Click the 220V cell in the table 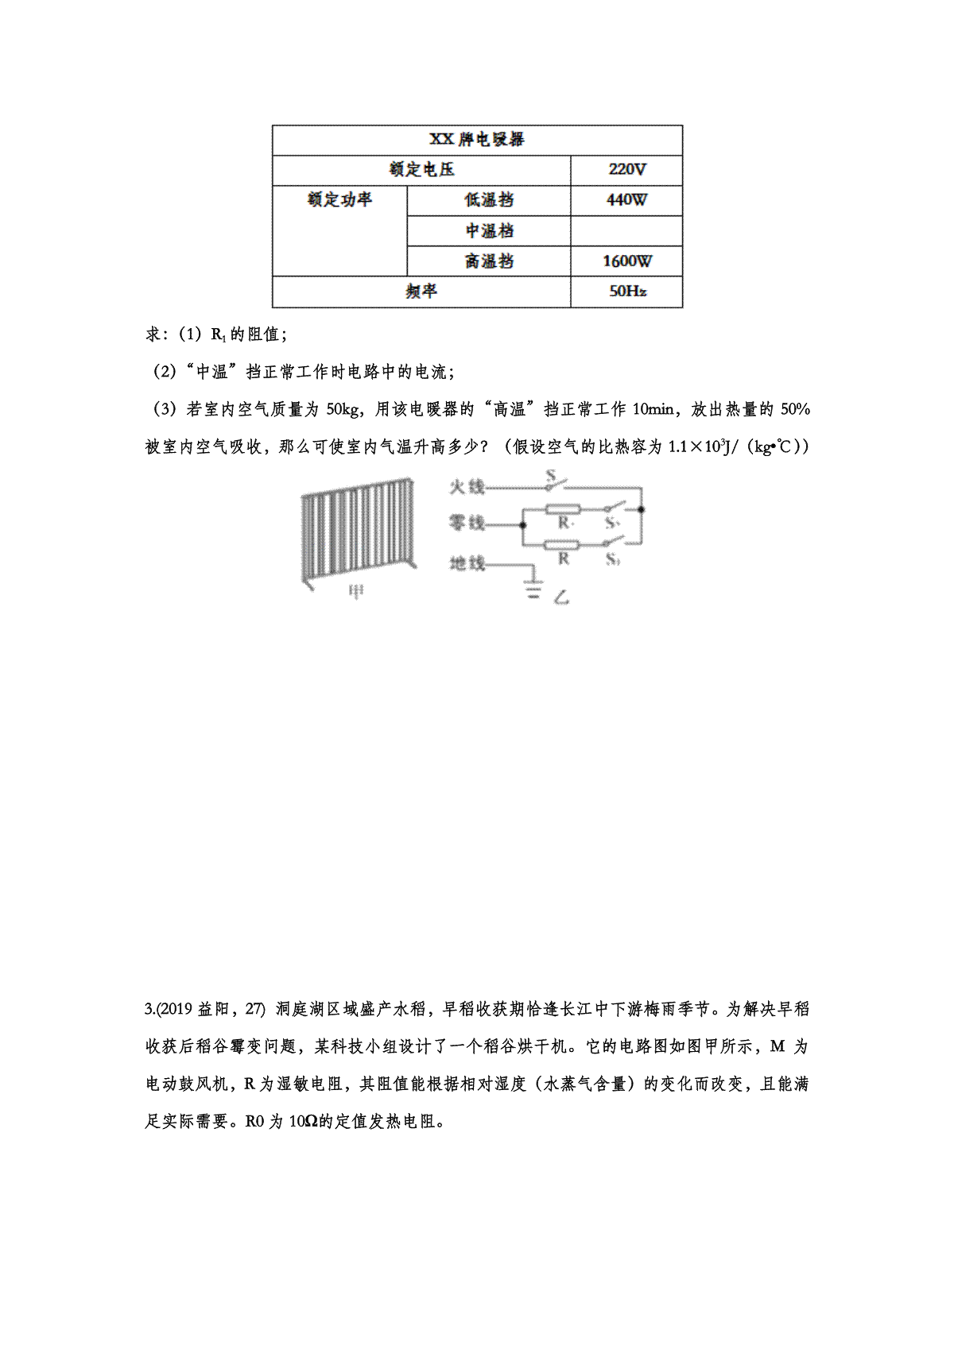coord(626,169)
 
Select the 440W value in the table coord(626,199)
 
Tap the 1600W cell coord(626,261)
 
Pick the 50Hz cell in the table coord(626,291)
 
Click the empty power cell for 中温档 coord(626,230)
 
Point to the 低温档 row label coord(488,199)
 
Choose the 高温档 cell coord(488,261)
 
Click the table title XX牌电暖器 coord(477,139)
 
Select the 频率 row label coord(421,291)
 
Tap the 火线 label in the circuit coord(467,486)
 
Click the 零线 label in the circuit coord(467,523)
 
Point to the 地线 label coord(467,563)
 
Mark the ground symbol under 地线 coord(532,589)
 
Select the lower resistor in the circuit coord(563,544)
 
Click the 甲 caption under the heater coord(357,593)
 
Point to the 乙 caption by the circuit coord(561,597)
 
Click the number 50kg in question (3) coord(343,410)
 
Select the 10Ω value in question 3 coord(303,1122)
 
